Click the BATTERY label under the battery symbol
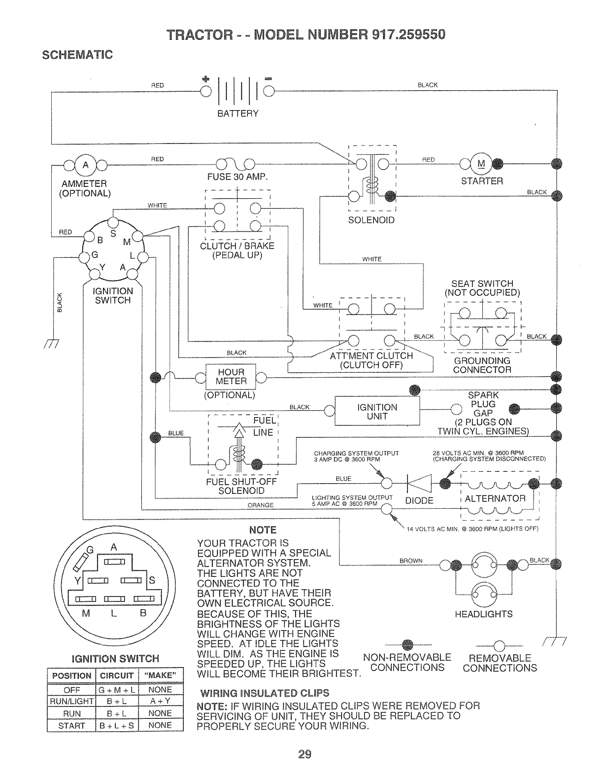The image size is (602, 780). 238,113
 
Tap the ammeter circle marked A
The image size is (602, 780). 86,165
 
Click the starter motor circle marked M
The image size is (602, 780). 481,164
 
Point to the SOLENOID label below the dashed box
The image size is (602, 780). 371,220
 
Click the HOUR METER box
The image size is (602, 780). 231,377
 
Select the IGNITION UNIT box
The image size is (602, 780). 377,411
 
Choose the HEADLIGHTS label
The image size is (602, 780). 483,614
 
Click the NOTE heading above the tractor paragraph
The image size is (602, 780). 263,530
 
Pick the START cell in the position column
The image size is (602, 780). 71,725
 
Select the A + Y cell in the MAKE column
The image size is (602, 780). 160,701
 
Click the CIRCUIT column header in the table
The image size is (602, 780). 116,675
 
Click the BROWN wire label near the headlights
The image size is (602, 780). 411,561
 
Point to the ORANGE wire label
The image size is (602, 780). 261,505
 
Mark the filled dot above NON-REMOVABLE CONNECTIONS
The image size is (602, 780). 406,644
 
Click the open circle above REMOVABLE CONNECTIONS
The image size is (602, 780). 499,644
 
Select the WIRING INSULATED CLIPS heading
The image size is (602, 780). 263,693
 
